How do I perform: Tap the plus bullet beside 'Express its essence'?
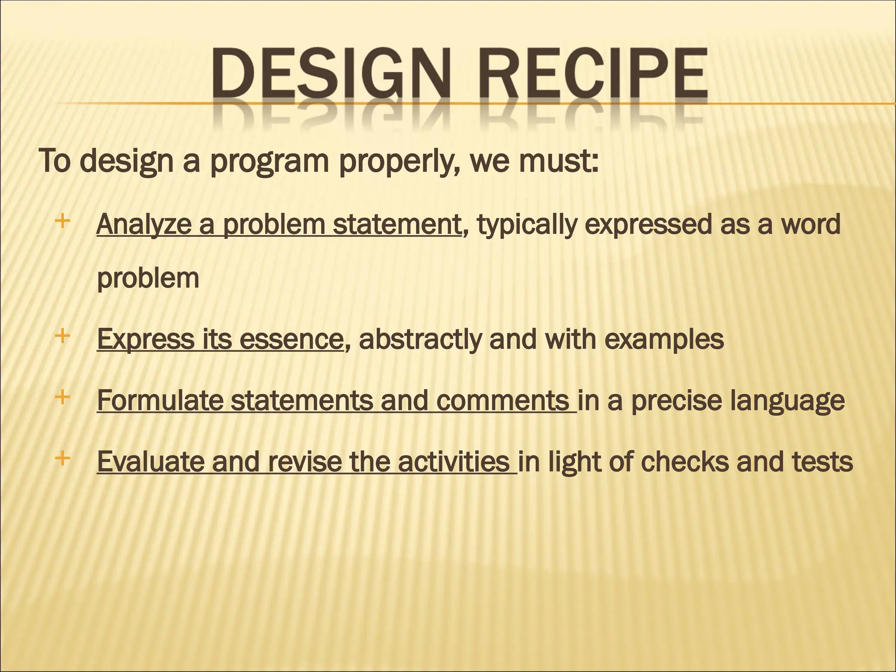point(63,336)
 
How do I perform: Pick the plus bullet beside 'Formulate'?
point(63,398)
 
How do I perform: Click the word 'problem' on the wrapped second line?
point(148,279)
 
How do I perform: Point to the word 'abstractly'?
point(420,339)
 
